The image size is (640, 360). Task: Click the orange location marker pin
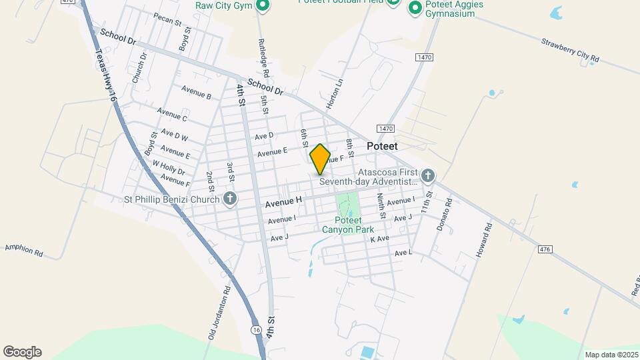(x=320, y=159)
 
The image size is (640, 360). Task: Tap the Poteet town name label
(x=382, y=146)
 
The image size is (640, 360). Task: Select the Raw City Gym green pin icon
(x=263, y=6)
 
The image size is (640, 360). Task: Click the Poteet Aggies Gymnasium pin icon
(x=415, y=8)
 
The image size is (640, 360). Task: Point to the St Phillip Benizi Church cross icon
(x=230, y=199)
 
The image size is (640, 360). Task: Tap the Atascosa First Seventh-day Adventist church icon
(x=428, y=176)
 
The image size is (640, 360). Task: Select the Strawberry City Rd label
(x=571, y=51)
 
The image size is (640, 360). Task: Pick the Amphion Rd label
(x=23, y=249)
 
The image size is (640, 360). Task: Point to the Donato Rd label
(x=444, y=214)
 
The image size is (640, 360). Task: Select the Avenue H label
(x=283, y=201)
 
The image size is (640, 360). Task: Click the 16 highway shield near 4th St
(x=257, y=329)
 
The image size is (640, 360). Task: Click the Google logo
(x=22, y=352)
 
